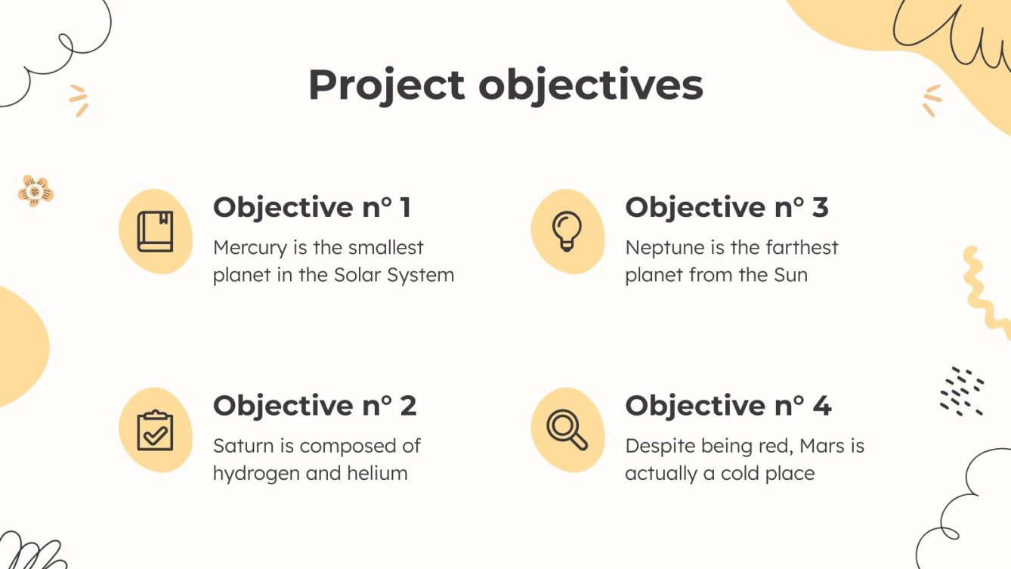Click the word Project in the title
(x=386, y=85)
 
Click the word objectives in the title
(x=591, y=85)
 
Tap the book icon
(x=155, y=231)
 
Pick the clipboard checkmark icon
(x=155, y=430)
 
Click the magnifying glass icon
(x=567, y=429)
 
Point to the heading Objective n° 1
(x=312, y=207)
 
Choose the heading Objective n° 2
(x=314, y=406)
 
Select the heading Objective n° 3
(x=726, y=207)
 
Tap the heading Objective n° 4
(x=728, y=406)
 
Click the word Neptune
(x=661, y=248)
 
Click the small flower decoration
(x=36, y=191)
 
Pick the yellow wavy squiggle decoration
(x=985, y=291)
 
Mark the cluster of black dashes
(x=961, y=391)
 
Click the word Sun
(x=790, y=275)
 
